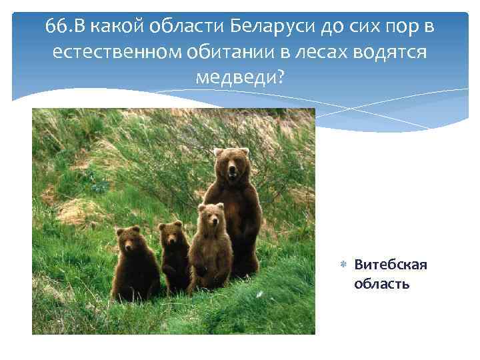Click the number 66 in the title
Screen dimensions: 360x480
point(56,27)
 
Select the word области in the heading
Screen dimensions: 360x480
point(187,27)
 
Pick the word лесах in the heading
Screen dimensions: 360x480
point(309,52)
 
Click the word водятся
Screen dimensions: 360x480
point(386,52)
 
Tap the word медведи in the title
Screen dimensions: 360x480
point(234,77)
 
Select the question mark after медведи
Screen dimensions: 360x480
point(279,77)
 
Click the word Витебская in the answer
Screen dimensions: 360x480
point(391,265)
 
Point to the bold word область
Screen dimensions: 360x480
point(382,284)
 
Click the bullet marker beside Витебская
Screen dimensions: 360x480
point(343,265)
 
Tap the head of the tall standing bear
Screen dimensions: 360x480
point(231,165)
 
